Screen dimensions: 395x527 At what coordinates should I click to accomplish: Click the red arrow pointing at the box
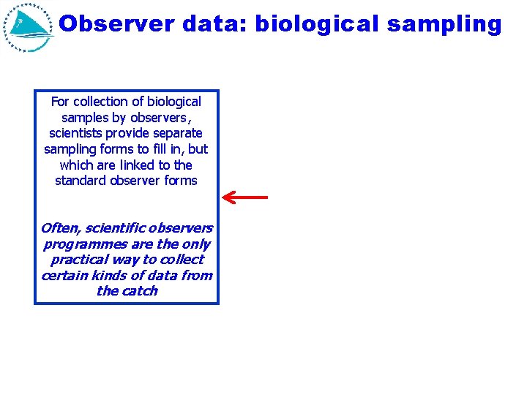[x=245, y=197]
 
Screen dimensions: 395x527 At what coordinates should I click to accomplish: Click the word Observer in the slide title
[x=117, y=24]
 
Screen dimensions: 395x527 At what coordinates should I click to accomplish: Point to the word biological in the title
[x=314, y=24]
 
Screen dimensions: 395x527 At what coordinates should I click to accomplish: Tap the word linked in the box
[x=127, y=165]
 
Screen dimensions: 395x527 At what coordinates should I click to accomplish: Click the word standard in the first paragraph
[x=81, y=180]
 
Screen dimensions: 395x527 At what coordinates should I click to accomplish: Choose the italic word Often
[x=59, y=228]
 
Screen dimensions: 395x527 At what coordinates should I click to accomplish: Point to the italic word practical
[x=78, y=260]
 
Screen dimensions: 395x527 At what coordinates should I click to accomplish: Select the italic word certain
[x=63, y=276]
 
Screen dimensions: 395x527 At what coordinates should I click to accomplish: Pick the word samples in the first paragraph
[x=83, y=118]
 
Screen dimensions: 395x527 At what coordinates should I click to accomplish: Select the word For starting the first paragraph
[x=59, y=102]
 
